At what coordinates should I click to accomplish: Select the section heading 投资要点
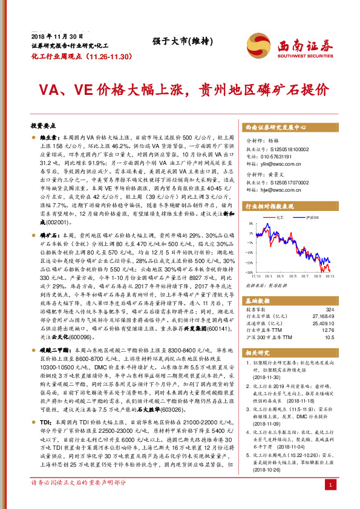click(x=42, y=126)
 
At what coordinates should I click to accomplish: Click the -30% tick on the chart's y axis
click(x=249, y=271)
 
